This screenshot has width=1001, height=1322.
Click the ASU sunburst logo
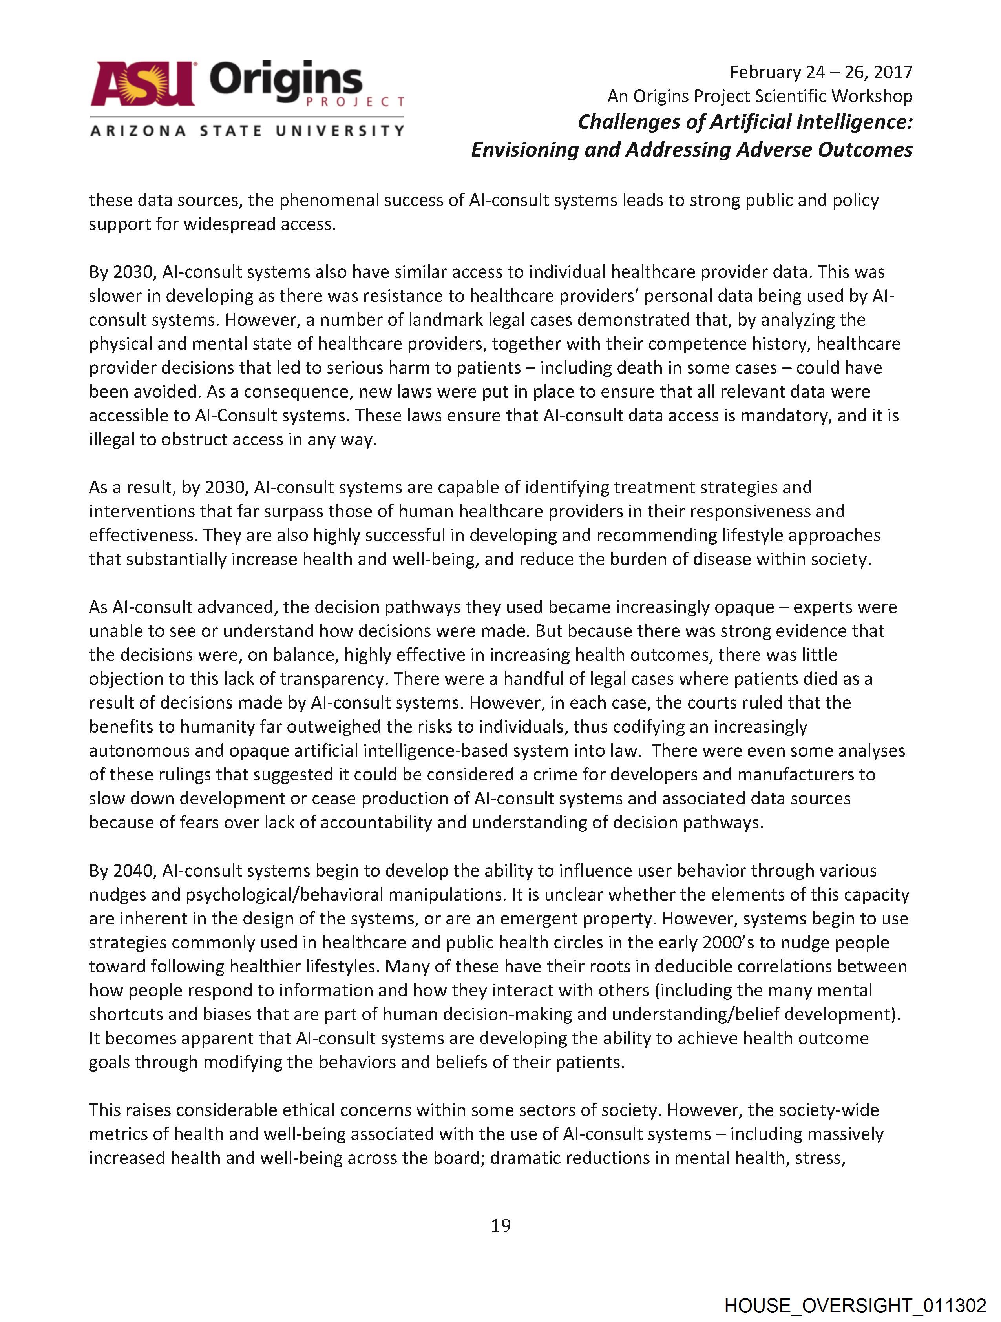(x=142, y=84)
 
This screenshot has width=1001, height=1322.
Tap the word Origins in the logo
(x=286, y=82)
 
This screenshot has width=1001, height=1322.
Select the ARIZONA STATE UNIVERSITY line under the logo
(x=247, y=130)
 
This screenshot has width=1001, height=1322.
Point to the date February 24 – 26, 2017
(x=820, y=72)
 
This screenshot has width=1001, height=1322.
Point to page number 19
(x=501, y=1226)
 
